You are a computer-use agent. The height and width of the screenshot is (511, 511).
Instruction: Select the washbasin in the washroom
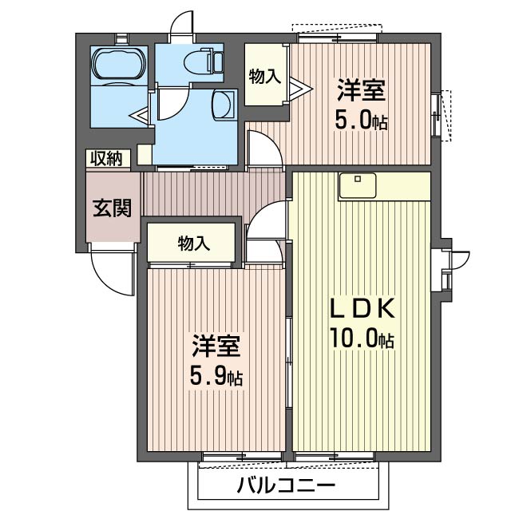tap(224, 105)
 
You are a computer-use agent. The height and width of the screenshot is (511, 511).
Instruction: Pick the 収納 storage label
tap(109, 158)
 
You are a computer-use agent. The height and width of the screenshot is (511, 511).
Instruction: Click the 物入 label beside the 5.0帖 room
tap(265, 77)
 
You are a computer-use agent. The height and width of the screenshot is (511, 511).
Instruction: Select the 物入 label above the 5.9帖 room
tap(192, 244)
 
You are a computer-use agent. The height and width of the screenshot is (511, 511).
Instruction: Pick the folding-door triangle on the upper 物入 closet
tap(295, 86)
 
